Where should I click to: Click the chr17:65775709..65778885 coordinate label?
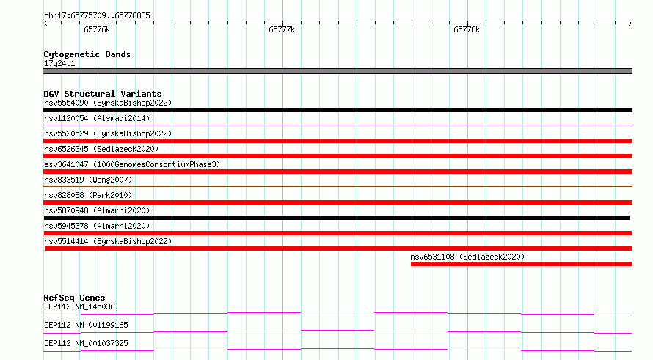pos(97,15)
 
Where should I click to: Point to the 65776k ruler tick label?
pos(97,29)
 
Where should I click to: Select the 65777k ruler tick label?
pos(282,29)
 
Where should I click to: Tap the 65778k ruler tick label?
pos(467,29)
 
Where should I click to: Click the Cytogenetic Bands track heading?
pos(87,54)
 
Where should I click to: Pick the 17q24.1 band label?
pos(59,63)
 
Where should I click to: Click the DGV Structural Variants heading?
pos(103,94)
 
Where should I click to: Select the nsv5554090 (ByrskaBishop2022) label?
pos(108,103)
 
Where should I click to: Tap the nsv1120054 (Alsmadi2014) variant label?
pos(97,118)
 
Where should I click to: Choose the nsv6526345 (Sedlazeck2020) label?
pos(101,149)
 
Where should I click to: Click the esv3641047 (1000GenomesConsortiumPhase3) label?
pos(132,164)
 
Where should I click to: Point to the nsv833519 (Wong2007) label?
pos(88,180)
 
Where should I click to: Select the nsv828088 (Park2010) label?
pos(88,195)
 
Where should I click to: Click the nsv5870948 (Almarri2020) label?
pos(97,210)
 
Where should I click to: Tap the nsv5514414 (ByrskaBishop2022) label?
pos(108,241)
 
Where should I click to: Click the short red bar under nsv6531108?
pos(522,264)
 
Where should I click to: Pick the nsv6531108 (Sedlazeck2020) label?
pos(467,257)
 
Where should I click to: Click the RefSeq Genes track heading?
pos(75,298)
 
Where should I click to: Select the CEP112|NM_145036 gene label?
pos(79,306)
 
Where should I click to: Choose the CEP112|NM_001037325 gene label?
pos(86,343)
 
